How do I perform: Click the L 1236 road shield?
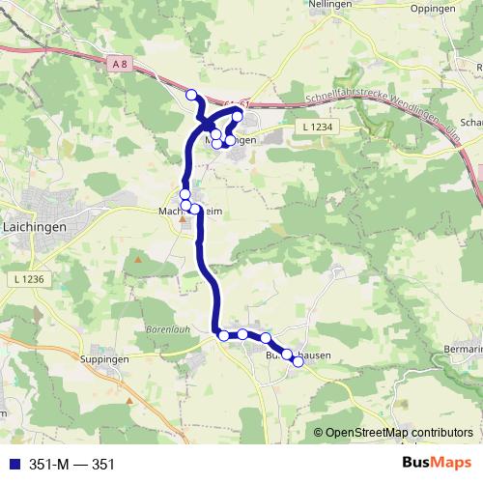point(30,279)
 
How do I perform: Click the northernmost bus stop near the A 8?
point(191,95)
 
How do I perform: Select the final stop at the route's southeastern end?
point(298,361)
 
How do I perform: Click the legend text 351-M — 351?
point(67,465)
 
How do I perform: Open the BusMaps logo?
point(436,464)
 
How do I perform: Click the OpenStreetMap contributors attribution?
point(397,432)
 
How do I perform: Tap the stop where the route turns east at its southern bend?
point(223,335)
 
